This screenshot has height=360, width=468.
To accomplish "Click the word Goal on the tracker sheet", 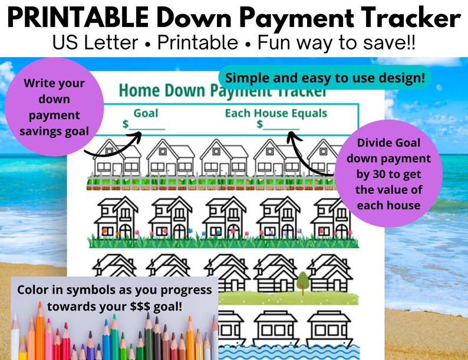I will point(146,113).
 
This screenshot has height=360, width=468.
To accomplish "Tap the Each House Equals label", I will point(276,113).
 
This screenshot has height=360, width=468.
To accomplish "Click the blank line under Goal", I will point(147,127).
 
